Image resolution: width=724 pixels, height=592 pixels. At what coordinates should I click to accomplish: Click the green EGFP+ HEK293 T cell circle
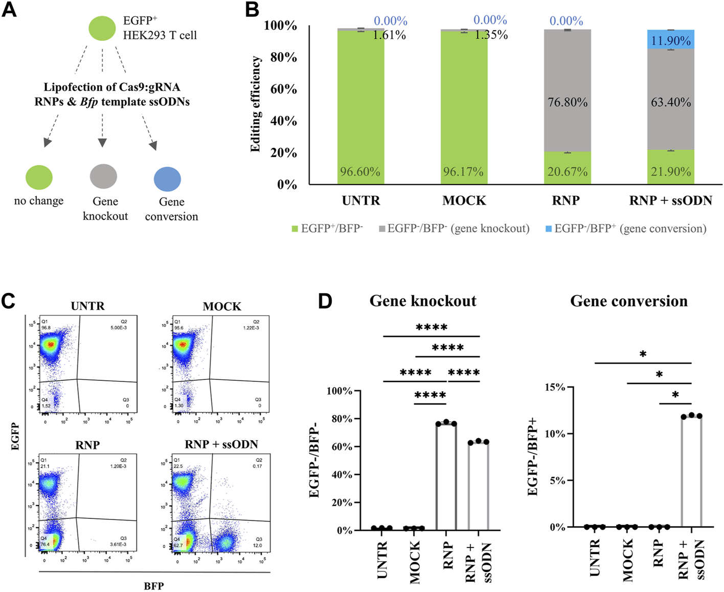click(102, 28)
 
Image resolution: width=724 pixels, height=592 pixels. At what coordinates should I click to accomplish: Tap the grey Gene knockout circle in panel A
click(103, 176)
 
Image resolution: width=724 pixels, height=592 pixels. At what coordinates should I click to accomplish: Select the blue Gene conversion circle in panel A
click(167, 179)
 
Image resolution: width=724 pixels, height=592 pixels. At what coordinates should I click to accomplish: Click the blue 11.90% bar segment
click(670, 40)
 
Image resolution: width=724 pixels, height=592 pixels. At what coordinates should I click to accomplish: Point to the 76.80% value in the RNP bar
click(568, 102)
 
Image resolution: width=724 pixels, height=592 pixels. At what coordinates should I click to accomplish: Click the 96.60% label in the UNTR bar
click(360, 172)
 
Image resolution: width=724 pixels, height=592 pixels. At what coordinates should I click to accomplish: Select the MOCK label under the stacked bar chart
click(464, 200)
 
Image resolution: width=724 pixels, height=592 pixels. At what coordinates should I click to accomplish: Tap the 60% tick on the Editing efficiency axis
click(283, 89)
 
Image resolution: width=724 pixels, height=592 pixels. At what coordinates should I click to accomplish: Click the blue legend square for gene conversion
click(549, 229)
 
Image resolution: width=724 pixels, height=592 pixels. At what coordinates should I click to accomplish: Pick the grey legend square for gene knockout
click(382, 229)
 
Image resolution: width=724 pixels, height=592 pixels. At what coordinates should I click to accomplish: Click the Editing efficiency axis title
click(256, 104)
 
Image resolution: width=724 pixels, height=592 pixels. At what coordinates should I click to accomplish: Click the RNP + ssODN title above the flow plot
click(221, 444)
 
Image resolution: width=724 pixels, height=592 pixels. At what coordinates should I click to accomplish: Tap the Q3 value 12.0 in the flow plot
click(257, 545)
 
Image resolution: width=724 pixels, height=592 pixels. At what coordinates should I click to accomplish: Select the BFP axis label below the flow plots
click(153, 586)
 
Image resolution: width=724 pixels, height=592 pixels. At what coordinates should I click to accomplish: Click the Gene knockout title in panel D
click(423, 301)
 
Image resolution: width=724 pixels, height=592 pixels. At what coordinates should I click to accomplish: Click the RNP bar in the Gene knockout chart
click(446, 475)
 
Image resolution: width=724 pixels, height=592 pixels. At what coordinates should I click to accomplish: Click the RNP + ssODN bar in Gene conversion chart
click(691, 470)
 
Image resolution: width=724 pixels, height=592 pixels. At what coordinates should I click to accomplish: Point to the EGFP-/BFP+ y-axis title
click(533, 456)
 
